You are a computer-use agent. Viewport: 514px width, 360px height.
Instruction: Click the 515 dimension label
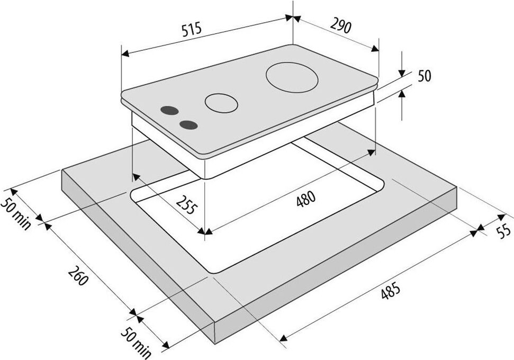tap(192, 30)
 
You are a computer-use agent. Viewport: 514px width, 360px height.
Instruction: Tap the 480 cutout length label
tap(306, 199)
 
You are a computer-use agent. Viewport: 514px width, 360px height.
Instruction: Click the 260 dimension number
tap(78, 275)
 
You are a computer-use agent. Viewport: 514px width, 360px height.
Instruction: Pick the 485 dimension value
tap(391, 291)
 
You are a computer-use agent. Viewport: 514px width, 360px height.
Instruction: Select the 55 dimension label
tap(503, 230)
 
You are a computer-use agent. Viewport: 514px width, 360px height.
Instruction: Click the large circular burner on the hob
tap(292, 77)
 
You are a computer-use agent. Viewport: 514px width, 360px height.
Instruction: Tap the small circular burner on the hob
tap(221, 103)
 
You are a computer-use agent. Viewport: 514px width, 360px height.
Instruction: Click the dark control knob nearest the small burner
tap(169, 111)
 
